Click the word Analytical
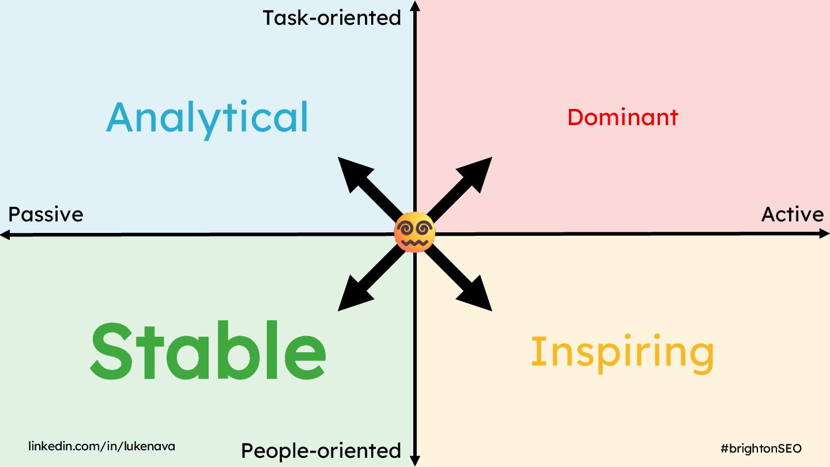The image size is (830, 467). tap(207, 118)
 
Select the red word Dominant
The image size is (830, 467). tap(622, 118)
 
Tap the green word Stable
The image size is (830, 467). tap(207, 351)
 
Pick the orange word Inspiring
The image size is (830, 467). tap(622, 352)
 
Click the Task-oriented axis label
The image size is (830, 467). tap(332, 18)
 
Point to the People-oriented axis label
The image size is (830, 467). tap(321, 450)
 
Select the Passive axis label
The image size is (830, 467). tap(46, 214)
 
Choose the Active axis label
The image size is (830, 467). tap(793, 214)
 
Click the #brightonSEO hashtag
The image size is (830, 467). tap(761, 448)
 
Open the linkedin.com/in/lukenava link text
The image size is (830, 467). tap(102, 446)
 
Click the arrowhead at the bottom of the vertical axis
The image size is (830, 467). tap(415, 461)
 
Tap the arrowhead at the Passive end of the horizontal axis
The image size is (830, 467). tap(5, 234)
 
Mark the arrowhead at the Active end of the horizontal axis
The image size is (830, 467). tap(825, 234)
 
